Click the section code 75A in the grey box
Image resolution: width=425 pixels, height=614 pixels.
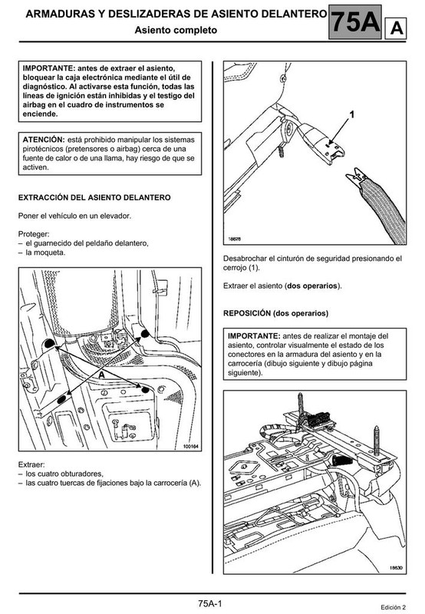click(355, 22)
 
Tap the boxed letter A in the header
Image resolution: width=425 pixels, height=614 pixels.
click(396, 28)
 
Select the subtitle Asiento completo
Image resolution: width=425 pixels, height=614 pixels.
click(176, 30)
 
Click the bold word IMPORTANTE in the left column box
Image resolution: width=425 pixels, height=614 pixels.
click(48, 68)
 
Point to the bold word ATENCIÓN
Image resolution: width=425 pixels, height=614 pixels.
click(43, 140)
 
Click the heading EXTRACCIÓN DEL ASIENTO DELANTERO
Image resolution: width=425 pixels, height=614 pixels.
click(94, 197)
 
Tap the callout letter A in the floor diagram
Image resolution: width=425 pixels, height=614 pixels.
click(102, 375)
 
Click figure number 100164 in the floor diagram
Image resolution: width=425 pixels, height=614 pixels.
click(190, 447)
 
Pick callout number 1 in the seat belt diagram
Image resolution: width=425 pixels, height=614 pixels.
click(352, 114)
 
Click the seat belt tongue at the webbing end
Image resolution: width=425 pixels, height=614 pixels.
click(356, 178)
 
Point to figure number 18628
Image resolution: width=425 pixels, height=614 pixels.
click(235, 239)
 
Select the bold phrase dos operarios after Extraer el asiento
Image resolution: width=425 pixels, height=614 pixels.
click(312, 286)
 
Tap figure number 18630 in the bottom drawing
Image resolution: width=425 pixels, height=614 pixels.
click(396, 568)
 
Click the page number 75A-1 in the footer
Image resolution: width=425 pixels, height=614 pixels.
click(209, 603)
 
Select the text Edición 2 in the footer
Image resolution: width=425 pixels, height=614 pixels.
click(393, 607)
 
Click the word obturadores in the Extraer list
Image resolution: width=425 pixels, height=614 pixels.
click(81, 474)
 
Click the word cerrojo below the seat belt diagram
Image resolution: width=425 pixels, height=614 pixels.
click(236, 268)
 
